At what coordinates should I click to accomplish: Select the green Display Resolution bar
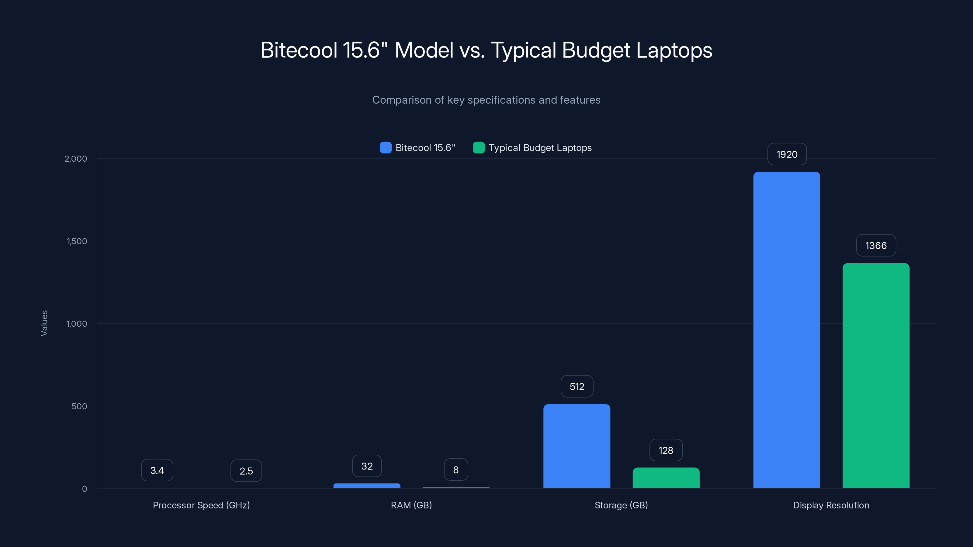pos(876,376)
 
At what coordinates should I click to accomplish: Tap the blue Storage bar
pos(577,446)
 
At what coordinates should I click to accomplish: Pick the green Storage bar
pos(666,478)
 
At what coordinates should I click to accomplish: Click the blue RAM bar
pos(367,486)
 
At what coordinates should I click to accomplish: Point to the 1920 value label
pos(787,154)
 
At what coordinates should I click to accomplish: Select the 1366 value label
pos(876,246)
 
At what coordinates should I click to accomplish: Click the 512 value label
pos(577,387)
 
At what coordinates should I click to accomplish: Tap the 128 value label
pos(666,450)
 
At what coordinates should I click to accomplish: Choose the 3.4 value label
pos(157,470)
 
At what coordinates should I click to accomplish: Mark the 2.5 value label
pos(246,471)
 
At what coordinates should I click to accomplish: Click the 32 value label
pos(367,466)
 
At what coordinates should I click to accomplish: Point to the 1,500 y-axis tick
pos(77,241)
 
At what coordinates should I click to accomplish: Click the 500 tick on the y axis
pos(79,406)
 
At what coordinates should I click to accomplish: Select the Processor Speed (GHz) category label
pos(201,505)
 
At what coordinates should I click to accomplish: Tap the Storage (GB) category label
pos(621,505)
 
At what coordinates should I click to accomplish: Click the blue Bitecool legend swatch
pos(385,148)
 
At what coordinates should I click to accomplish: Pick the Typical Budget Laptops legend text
pos(540,148)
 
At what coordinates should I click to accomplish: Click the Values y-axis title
pos(44,323)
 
